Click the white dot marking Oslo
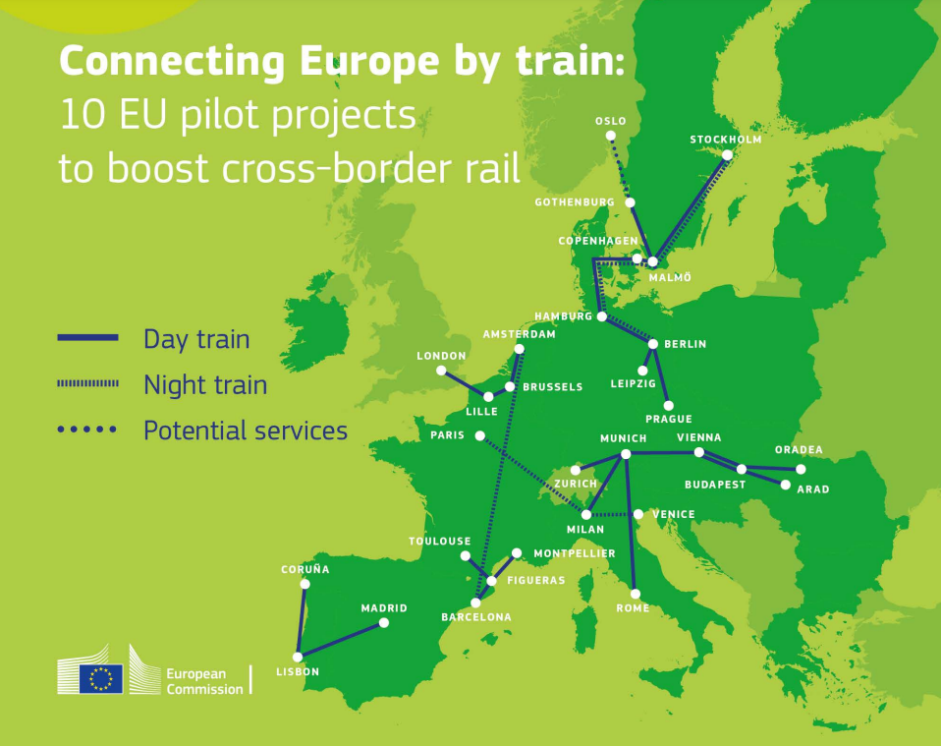(x=611, y=136)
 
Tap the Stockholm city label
(x=725, y=140)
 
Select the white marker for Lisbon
(x=298, y=657)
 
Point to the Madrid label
(x=383, y=608)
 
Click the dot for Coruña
(x=304, y=584)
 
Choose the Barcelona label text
(x=476, y=617)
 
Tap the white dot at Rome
(x=636, y=594)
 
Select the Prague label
(x=668, y=420)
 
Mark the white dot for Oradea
(x=801, y=469)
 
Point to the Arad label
(x=812, y=489)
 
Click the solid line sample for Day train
(x=88, y=337)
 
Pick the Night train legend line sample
(x=88, y=383)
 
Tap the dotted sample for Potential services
(x=88, y=430)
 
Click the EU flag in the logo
(x=101, y=677)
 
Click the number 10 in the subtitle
(x=80, y=115)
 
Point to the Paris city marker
(x=479, y=435)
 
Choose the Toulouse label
(x=440, y=542)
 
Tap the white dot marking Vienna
(x=698, y=452)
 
